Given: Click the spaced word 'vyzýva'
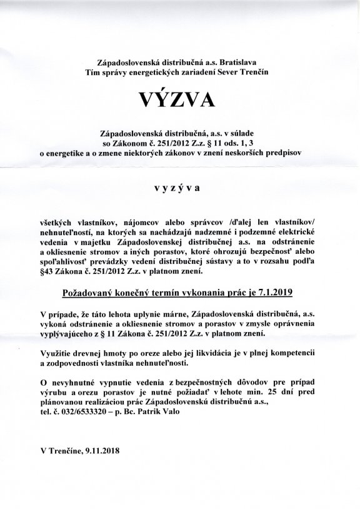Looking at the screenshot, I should point(181,186).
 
